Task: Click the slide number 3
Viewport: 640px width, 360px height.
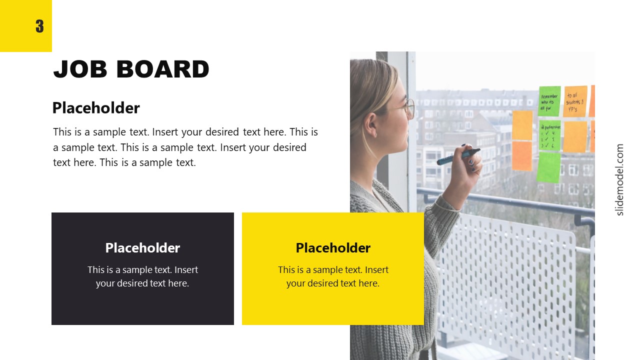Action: [39, 26]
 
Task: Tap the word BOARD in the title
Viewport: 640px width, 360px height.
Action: [162, 69]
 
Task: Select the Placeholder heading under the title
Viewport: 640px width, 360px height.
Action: [96, 108]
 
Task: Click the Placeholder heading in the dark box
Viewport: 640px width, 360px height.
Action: [142, 248]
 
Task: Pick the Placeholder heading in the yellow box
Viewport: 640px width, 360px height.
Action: [333, 248]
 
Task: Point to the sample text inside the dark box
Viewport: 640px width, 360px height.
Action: [142, 276]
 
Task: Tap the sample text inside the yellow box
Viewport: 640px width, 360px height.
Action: [333, 276]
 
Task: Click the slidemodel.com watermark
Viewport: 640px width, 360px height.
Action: [620, 179]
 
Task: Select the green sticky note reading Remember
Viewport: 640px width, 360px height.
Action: [549, 101]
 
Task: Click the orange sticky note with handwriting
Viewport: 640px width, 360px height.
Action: [575, 101]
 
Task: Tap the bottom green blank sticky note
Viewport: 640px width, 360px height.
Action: [548, 167]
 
